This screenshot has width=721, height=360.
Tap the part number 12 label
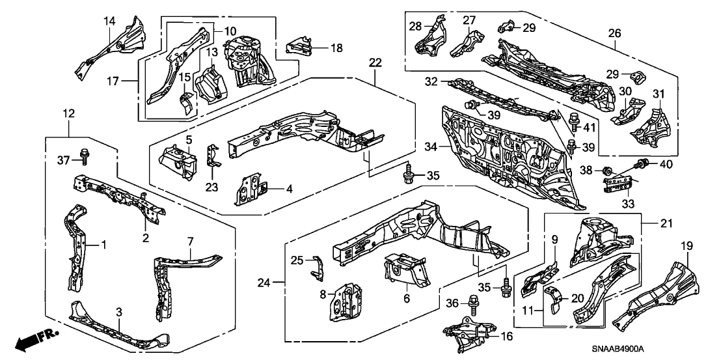69,114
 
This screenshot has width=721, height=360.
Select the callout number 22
375,62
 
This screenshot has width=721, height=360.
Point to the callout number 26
614,33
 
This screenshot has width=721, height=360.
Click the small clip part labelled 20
553,296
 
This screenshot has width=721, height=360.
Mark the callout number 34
428,148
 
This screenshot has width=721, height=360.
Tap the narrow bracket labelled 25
318,265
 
